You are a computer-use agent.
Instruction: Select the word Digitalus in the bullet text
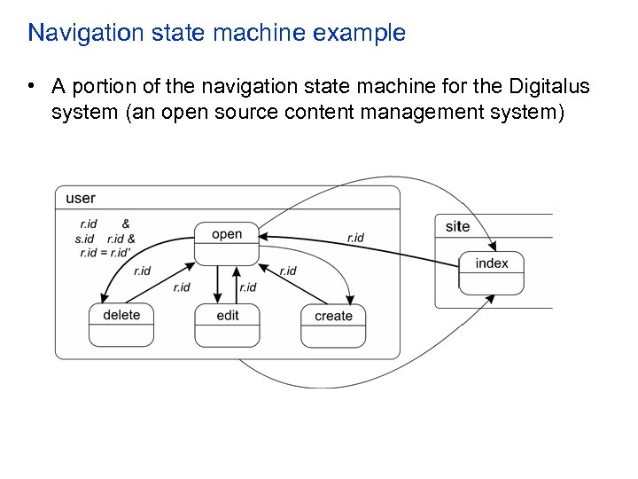549,86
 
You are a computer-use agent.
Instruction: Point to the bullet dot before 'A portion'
31,86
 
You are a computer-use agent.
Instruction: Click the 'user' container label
81,198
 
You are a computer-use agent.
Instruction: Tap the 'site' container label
457,226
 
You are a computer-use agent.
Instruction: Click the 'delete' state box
121,324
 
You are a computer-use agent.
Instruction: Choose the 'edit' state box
228,324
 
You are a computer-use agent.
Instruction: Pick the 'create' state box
333,324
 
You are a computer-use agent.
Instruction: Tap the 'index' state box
492,272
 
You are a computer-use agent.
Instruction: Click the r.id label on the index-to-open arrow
355,238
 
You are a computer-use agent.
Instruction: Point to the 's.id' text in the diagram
84,239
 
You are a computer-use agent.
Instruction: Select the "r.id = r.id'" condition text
105,253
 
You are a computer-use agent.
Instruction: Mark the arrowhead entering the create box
352,299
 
